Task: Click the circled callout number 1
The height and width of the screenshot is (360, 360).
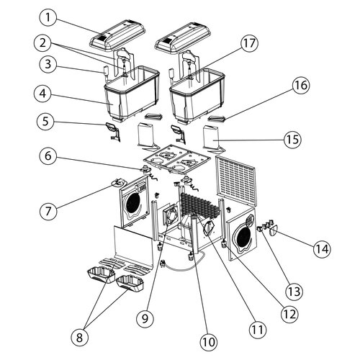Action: click(48, 17)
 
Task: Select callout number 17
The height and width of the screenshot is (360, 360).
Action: click(249, 43)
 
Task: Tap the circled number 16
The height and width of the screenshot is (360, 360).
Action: click(301, 85)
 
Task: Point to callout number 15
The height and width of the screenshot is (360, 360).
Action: click(293, 139)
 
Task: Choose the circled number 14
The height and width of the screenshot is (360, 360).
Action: click(323, 249)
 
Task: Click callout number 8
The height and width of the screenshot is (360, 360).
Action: click(80, 338)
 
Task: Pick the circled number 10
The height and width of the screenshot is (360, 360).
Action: click(209, 342)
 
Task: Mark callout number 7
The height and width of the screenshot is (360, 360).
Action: click(48, 211)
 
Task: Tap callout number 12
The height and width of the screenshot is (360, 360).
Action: click(290, 314)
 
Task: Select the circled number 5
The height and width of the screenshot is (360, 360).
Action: click(45, 121)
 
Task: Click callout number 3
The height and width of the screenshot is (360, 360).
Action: click(48, 64)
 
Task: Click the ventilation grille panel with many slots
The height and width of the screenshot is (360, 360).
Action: click(236, 181)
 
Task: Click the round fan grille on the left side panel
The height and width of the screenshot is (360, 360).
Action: click(133, 204)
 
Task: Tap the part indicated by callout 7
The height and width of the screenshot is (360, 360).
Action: click(118, 183)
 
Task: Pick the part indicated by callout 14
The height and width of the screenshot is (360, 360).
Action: click(274, 231)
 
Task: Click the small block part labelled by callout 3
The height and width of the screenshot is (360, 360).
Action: click(106, 71)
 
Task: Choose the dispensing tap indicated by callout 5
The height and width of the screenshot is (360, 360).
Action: click(112, 131)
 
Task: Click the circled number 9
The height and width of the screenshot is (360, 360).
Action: click(145, 319)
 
